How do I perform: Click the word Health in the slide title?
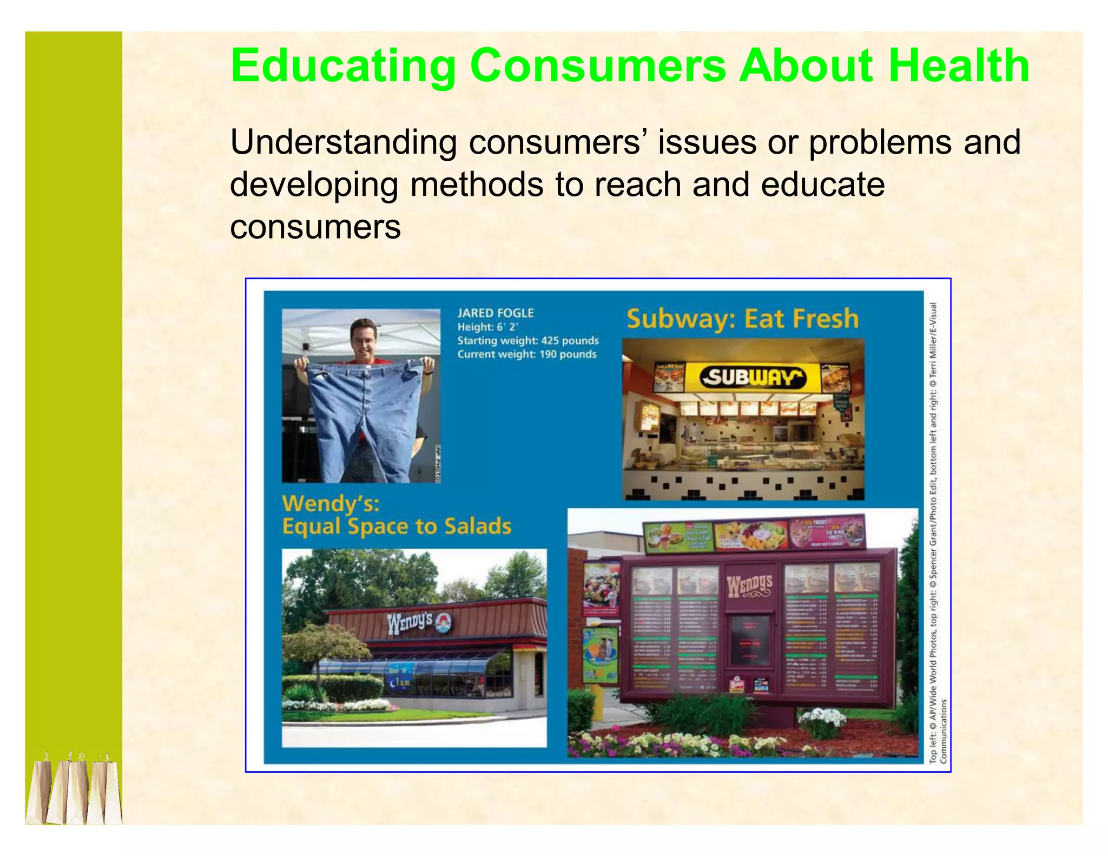959,66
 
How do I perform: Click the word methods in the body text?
477,185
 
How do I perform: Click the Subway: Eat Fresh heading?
742,319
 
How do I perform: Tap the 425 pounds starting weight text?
570,341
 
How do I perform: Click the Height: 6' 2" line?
487,327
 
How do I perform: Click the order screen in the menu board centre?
749,640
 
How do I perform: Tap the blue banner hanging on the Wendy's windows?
399,677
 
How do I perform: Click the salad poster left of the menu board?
601,589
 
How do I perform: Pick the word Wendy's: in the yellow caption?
331,504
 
